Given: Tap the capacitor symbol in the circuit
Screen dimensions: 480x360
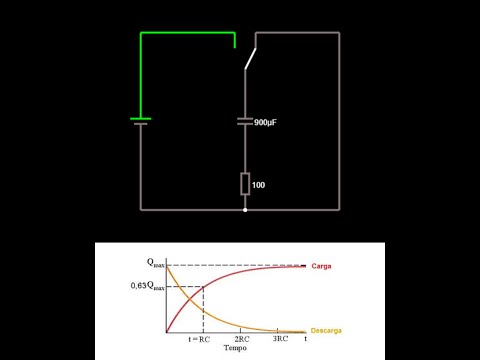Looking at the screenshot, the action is click(245, 121).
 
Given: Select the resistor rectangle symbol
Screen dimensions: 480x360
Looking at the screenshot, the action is click(245, 184).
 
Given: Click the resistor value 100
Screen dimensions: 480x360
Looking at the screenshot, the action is click(259, 185).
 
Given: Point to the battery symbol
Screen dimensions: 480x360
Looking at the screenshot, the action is click(141, 122).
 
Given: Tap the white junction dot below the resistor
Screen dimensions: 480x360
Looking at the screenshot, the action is click(245, 210).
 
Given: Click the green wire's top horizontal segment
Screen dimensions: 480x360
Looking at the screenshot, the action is click(188, 33).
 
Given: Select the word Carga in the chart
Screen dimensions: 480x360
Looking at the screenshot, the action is click(322, 266).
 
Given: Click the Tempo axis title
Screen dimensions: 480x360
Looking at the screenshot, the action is click(235, 349).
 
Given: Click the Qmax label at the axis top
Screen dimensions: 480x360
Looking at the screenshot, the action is click(152, 264).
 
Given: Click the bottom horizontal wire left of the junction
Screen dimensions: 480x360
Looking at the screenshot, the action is click(190, 210).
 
